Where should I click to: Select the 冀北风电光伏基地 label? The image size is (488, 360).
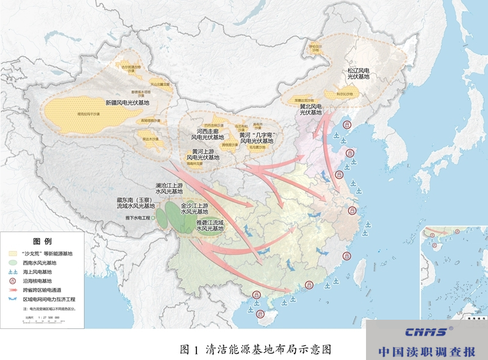310,109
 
